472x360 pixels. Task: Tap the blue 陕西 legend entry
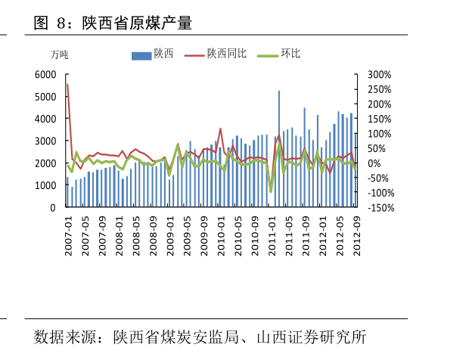point(163,54)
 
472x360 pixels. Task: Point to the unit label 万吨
point(59,55)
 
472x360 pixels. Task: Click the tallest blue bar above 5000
point(279,92)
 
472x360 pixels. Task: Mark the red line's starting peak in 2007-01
point(67,84)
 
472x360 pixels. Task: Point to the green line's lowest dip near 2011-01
point(271,191)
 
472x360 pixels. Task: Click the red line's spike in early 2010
point(221,129)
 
